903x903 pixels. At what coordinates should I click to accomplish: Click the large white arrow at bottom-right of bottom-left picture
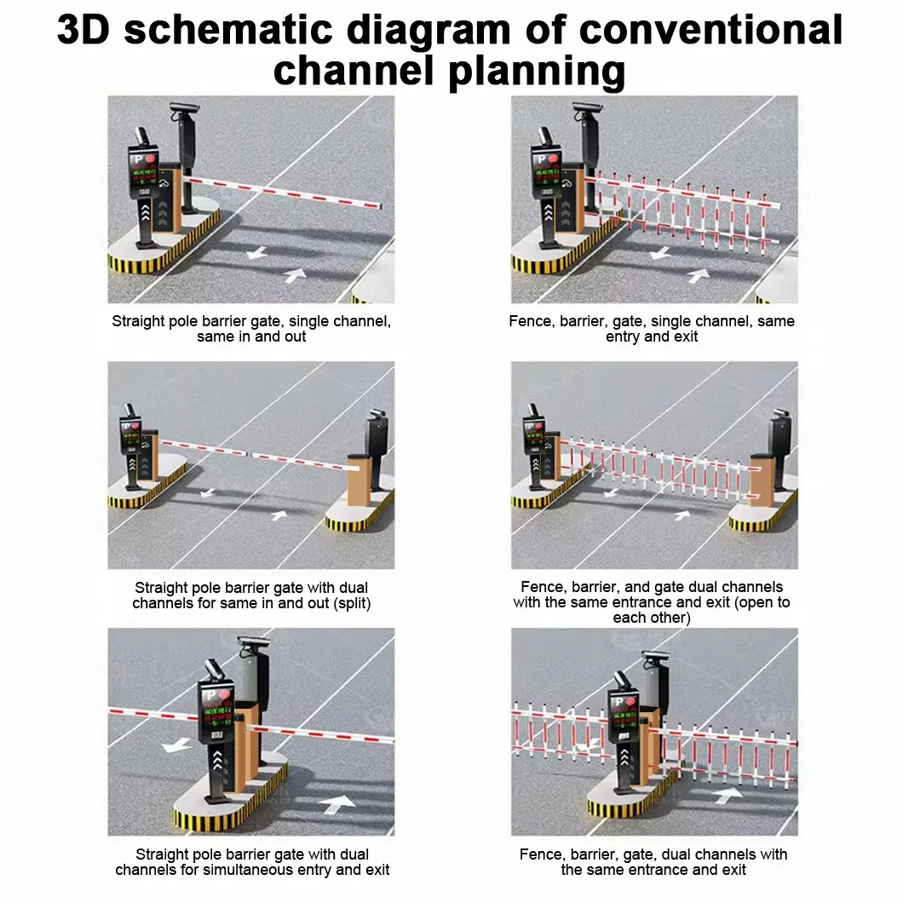(x=337, y=803)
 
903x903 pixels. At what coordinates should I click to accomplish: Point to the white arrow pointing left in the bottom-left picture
(x=176, y=744)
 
